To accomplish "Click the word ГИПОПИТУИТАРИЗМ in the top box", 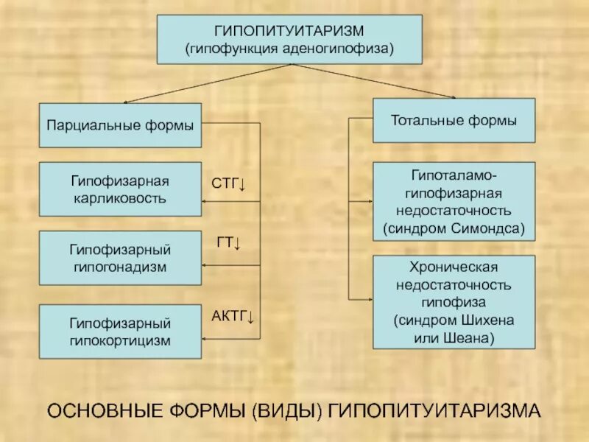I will [x=289, y=31].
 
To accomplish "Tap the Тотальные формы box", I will [x=454, y=120].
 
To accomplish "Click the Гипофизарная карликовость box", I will [x=120, y=189].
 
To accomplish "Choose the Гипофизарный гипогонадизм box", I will [x=120, y=258].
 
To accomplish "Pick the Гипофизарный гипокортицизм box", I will [x=120, y=331].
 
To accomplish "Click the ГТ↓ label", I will [x=229, y=242].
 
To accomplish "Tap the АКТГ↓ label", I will [x=233, y=318].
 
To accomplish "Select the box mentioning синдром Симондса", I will [x=454, y=202].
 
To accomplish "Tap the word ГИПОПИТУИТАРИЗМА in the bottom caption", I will [x=435, y=410].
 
